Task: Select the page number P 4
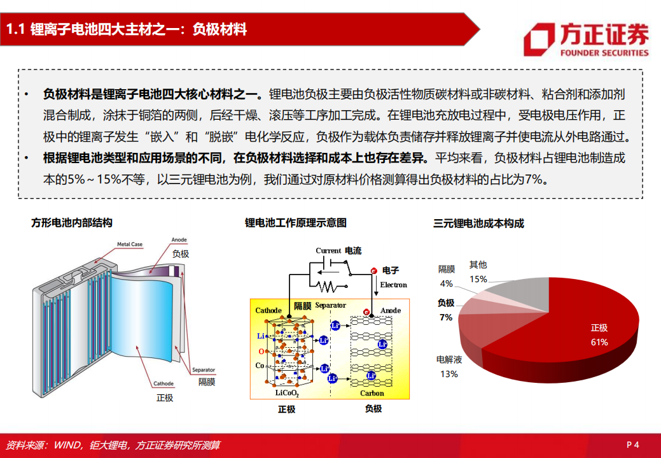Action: (x=632, y=445)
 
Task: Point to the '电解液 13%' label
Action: (x=449, y=367)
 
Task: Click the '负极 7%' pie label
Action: (x=446, y=310)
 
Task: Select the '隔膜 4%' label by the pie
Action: (x=446, y=276)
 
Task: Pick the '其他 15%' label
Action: (x=478, y=271)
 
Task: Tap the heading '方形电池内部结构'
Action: (x=72, y=223)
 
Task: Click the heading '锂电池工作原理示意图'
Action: (x=296, y=223)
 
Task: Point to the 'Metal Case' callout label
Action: (x=129, y=244)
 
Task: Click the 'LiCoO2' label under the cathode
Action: (x=287, y=393)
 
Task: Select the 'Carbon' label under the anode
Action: (x=372, y=393)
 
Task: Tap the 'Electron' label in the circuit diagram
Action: (x=393, y=285)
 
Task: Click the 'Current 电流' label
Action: (x=338, y=251)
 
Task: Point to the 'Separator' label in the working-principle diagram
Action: (x=330, y=305)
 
